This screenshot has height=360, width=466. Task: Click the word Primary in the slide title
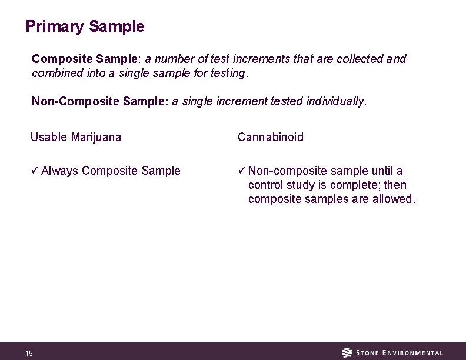coord(55,27)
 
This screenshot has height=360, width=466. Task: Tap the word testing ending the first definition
coord(228,74)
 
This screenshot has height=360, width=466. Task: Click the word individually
coord(336,101)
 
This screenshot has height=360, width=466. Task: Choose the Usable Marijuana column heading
coord(76,138)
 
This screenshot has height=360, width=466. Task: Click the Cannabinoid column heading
coord(271,138)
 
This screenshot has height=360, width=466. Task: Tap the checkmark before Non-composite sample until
coord(242,171)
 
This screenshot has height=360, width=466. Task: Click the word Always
coord(60,171)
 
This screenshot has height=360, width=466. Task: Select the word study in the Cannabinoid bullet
coord(301,185)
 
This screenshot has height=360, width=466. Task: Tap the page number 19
coord(29,353)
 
